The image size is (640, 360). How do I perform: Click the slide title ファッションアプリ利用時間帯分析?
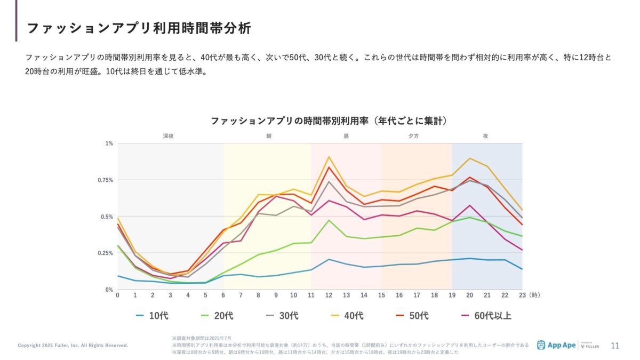[x=139, y=28]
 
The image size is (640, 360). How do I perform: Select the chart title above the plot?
[x=329, y=121]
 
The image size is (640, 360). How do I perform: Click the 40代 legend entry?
[x=347, y=316]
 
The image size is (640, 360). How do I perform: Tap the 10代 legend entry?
[x=152, y=316]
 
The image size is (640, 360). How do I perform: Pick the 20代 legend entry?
[x=217, y=316]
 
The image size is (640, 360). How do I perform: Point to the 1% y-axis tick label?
[x=109, y=143]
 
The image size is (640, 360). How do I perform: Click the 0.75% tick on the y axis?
[x=105, y=180]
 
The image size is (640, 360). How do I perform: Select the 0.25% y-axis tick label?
[x=105, y=253]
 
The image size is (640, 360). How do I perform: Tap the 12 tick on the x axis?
[x=329, y=295]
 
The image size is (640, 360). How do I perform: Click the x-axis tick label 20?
[x=469, y=295]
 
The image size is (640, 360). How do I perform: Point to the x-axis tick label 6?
[x=223, y=295]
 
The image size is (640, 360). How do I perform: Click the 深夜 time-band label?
[x=169, y=136]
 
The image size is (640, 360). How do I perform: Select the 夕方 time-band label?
[x=413, y=136]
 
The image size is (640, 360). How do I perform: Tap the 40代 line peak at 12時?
[x=329, y=157]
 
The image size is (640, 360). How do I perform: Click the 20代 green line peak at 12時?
[x=329, y=220]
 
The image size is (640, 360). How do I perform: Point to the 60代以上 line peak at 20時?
[x=469, y=205]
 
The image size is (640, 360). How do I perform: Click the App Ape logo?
[x=556, y=345]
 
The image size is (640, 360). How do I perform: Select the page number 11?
[x=615, y=346]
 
